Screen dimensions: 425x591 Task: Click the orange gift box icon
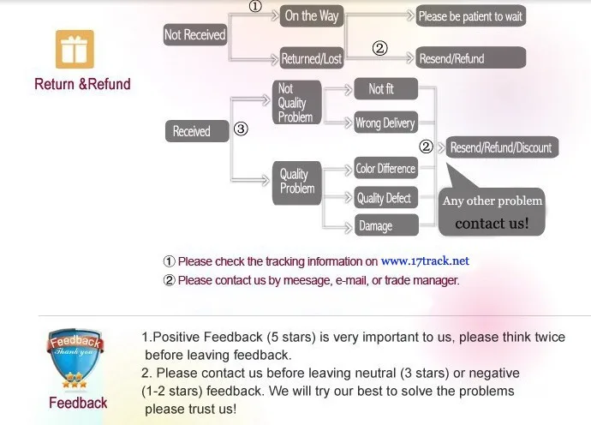[75, 50]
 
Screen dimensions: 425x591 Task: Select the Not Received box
[195, 34]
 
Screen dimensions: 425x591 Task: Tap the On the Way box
[311, 15]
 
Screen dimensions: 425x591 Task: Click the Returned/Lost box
[311, 59]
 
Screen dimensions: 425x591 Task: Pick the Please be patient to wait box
[470, 16]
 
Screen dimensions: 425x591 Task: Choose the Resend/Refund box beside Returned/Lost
[451, 59]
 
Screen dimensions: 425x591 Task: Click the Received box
[191, 131]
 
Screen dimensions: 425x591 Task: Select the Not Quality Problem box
[296, 103]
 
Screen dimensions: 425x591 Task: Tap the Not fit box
[381, 89]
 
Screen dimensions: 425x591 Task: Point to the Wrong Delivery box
[385, 123]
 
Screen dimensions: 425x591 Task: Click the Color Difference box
[385, 169]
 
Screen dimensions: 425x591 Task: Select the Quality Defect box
[385, 198]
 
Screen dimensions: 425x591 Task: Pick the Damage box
[376, 225]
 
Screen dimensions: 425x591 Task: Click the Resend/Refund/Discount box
[501, 147]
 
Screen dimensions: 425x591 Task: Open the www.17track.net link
[425, 261]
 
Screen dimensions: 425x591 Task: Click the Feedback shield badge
[77, 360]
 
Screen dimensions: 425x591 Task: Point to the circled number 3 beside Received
[242, 130]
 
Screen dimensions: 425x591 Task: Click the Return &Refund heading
[82, 84]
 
